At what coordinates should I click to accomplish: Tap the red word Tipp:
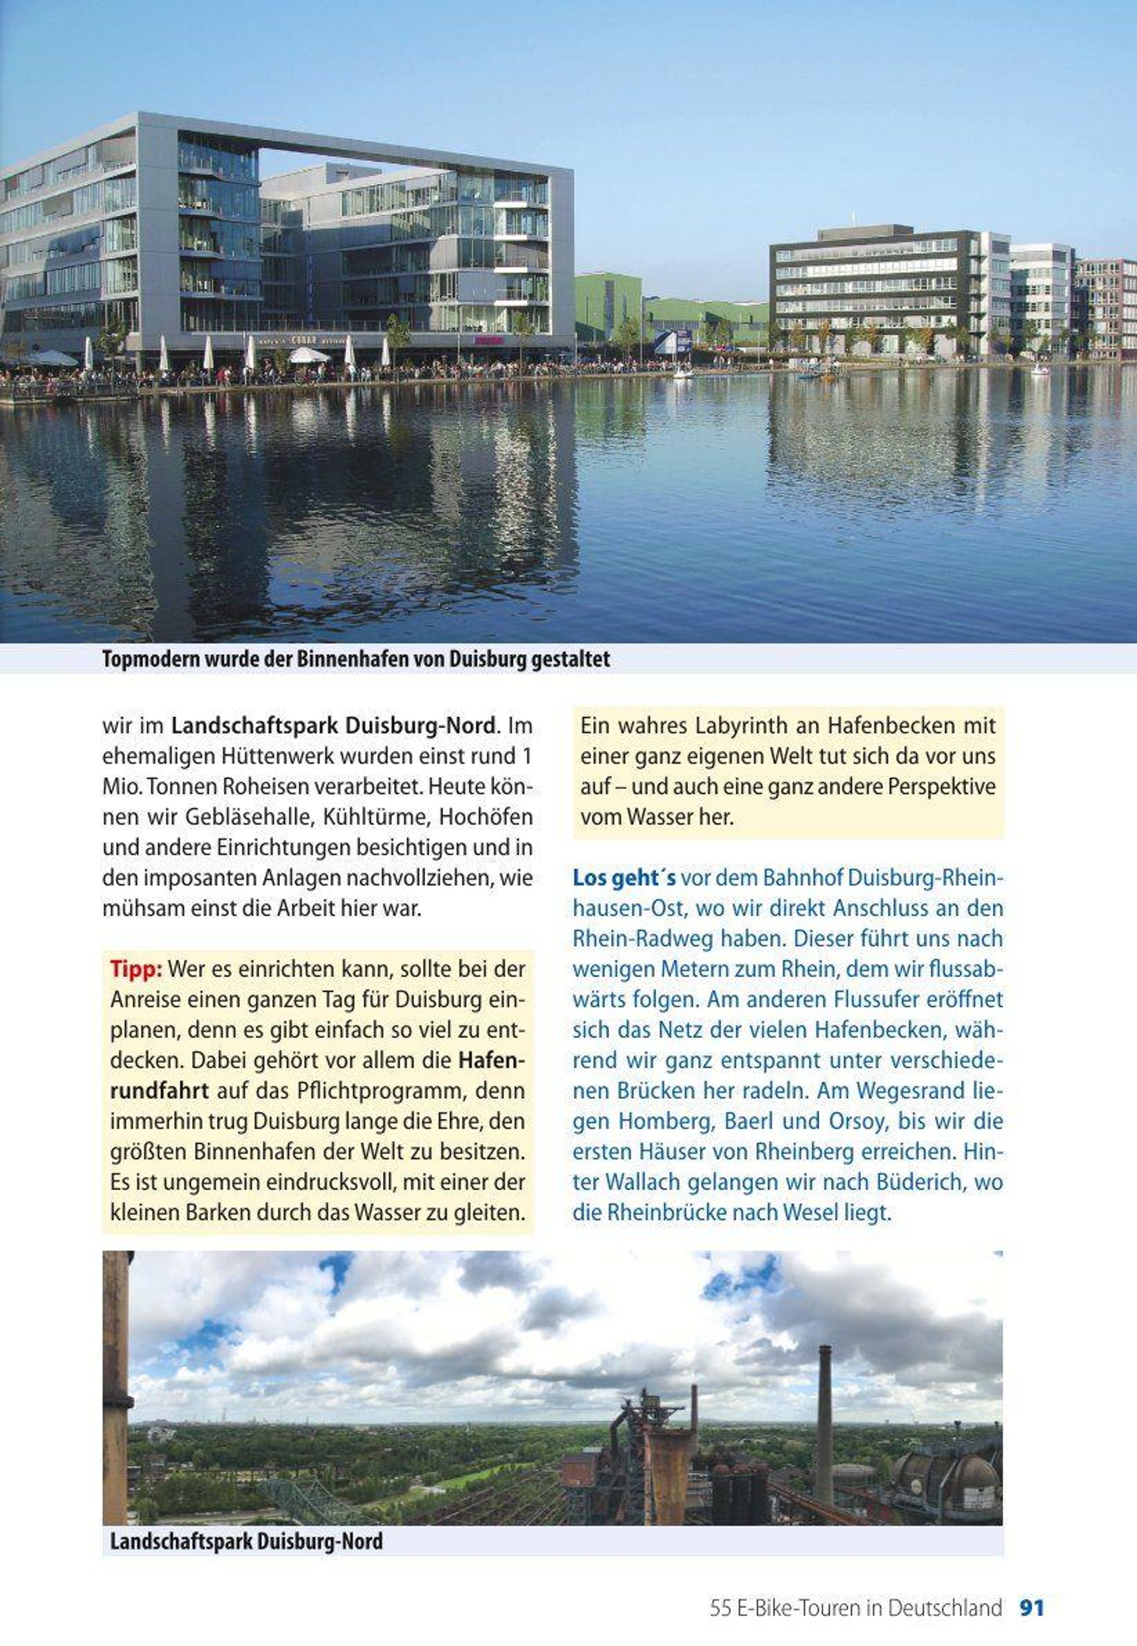(137, 969)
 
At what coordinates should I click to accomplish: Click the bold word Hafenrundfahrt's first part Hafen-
(492, 1060)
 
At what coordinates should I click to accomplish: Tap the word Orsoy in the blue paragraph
(855, 1121)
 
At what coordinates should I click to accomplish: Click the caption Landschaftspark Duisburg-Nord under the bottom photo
(246, 1541)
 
